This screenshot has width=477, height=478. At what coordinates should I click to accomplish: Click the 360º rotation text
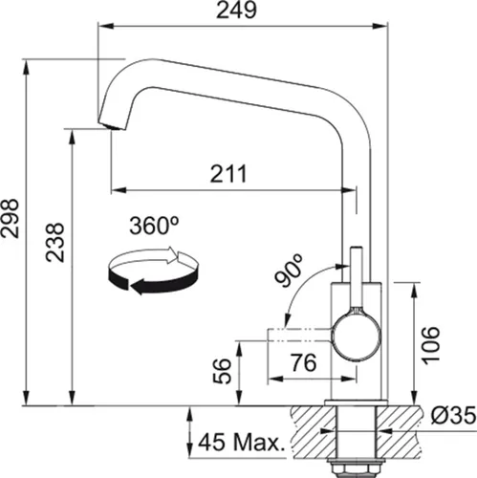(x=156, y=227)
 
